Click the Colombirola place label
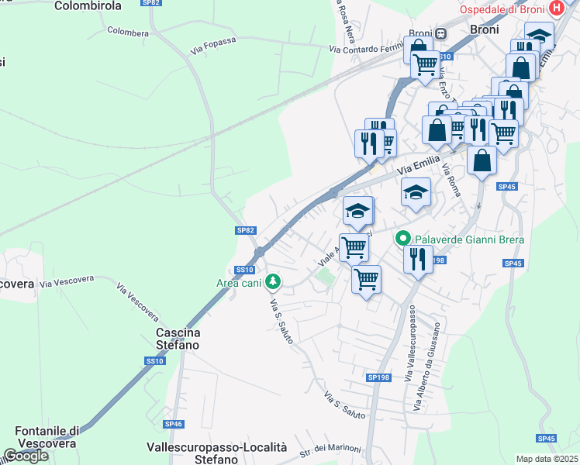click(88, 5)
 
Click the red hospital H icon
click(555, 9)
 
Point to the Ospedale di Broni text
click(502, 9)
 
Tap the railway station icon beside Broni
click(440, 33)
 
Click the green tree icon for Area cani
click(271, 281)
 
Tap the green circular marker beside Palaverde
click(402, 239)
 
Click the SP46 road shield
click(173, 424)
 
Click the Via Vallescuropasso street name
click(409, 336)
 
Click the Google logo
click(26, 456)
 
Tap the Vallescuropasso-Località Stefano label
click(217, 453)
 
